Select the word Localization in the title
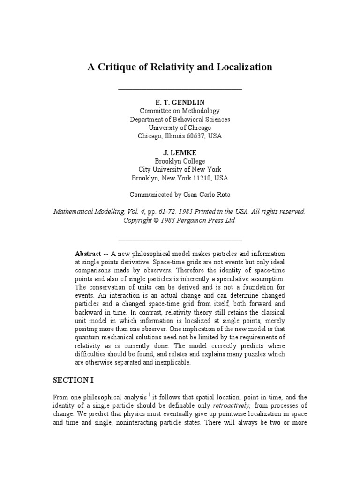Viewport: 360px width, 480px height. (244, 67)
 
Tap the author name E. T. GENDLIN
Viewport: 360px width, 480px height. (180, 103)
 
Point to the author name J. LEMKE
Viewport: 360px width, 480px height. (180, 153)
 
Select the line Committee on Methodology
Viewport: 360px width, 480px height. (180, 111)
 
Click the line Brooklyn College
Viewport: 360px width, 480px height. (180, 161)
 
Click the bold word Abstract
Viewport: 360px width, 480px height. (88, 254)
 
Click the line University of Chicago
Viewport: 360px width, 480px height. (180, 127)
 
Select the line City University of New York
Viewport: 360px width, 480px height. (180, 170)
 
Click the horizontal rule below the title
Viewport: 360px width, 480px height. (180, 88)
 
